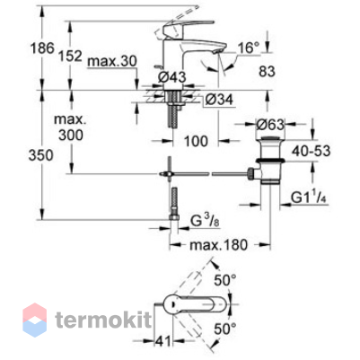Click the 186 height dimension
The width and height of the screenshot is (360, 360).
(x=43, y=48)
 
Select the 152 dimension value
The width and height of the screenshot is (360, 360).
(x=70, y=56)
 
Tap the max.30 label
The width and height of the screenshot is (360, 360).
(x=112, y=61)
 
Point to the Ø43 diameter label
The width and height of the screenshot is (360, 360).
(x=171, y=77)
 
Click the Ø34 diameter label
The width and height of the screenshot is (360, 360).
(x=219, y=100)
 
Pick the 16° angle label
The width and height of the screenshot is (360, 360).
(x=249, y=48)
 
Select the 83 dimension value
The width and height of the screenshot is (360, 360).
(x=267, y=72)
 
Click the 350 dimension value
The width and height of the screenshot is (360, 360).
(x=40, y=155)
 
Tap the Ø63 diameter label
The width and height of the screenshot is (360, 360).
(x=270, y=124)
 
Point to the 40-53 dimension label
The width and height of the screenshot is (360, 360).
(x=312, y=151)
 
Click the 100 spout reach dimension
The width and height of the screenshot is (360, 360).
(x=196, y=141)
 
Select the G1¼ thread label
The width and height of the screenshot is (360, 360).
(x=309, y=198)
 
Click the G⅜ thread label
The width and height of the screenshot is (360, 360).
(x=206, y=222)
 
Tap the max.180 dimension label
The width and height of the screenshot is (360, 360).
(x=219, y=245)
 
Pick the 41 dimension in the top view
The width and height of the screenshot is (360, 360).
(x=163, y=341)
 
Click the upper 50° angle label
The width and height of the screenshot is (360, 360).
(x=225, y=281)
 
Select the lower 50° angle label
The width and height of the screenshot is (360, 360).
(x=225, y=329)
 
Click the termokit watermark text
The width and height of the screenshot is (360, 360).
(x=103, y=320)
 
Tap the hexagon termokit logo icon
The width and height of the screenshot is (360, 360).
(x=35, y=320)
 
